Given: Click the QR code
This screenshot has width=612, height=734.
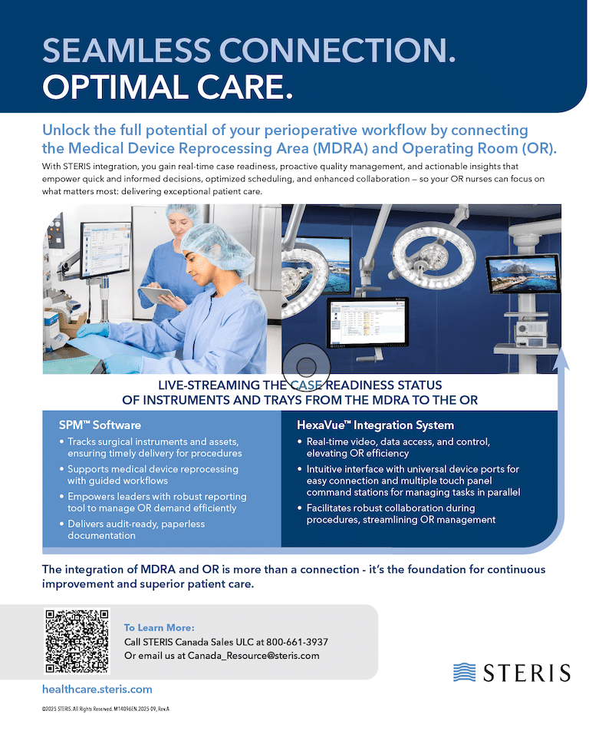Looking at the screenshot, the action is point(77,641).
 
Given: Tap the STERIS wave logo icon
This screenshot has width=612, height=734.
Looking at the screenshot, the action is point(464,673).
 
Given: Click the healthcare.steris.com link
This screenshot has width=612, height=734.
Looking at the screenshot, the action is point(97,689).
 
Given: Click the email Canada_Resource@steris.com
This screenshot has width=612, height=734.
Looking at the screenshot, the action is point(253,656).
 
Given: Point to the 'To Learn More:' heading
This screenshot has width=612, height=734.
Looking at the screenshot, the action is point(159,628).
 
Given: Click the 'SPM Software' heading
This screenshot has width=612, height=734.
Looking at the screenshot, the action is point(100,425).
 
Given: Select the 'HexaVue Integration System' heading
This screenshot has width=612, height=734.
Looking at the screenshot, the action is point(376,425).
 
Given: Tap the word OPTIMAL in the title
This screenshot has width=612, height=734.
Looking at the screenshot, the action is point(116,88).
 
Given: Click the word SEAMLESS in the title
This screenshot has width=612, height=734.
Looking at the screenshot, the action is point(127,50).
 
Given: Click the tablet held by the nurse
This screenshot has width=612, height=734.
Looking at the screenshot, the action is point(158,296).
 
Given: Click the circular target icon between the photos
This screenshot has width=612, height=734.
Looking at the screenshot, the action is point(306,366).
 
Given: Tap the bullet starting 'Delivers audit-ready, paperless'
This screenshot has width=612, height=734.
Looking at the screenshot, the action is point(133,530).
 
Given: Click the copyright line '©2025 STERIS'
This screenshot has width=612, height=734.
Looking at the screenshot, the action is point(106,709).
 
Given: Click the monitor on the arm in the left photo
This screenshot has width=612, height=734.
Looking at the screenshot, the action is point(106,251).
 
